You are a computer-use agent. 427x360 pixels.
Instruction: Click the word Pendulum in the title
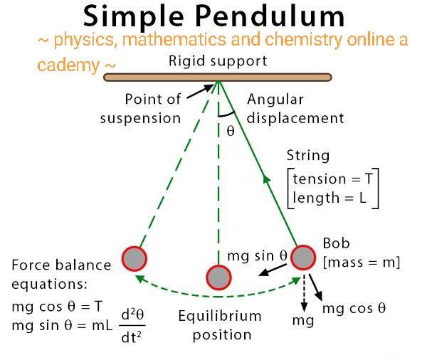tap(270, 16)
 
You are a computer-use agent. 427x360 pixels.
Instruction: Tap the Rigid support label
tap(218, 61)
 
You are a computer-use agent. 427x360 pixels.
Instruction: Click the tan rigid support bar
tap(218, 78)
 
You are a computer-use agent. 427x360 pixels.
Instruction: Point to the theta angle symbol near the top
tap(231, 131)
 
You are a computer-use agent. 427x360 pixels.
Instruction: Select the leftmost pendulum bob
tap(135, 259)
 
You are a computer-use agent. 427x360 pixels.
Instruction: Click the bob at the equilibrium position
tap(218, 277)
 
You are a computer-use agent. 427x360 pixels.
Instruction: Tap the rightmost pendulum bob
tap(303, 258)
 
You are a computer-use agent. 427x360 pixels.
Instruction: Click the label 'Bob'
tap(337, 243)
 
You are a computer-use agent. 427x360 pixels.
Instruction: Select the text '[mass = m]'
tap(362, 263)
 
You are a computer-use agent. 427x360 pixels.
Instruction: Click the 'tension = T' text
tap(332, 179)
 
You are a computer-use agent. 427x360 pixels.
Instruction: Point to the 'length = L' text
tap(330, 198)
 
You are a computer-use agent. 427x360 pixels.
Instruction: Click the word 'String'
tap(308, 156)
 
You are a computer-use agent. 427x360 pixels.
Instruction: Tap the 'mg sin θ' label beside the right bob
tap(258, 256)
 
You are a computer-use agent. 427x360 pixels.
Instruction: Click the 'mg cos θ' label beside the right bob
tap(354, 309)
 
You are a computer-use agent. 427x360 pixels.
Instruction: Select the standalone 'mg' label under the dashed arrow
tap(303, 321)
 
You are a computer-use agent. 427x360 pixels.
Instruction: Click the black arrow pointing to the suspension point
tap(200, 91)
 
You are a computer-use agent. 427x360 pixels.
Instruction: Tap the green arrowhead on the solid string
tap(266, 179)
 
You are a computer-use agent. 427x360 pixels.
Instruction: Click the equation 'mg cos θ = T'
tap(57, 307)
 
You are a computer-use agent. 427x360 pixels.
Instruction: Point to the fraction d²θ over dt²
tap(132, 326)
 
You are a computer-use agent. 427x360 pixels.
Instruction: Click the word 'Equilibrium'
tap(220, 316)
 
